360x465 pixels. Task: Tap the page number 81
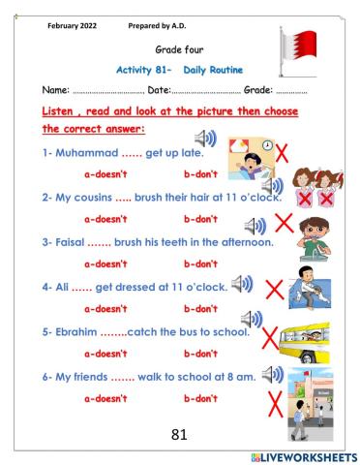(178, 435)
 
